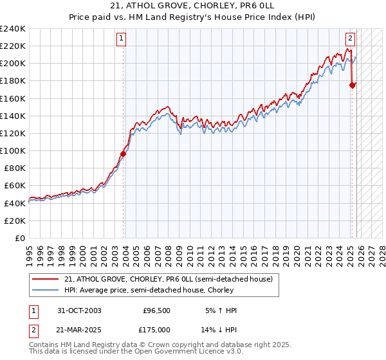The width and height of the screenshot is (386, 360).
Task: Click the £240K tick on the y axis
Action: click(13, 29)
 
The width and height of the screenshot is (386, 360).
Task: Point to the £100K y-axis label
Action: click(13, 150)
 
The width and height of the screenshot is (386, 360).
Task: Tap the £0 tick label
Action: click(21, 238)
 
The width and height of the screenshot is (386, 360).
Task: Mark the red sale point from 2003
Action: click(123, 154)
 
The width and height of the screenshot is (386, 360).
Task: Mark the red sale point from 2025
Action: click(352, 85)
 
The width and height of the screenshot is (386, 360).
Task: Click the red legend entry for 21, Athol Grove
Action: click(169, 279)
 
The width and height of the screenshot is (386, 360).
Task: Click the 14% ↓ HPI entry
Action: click(222, 328)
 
